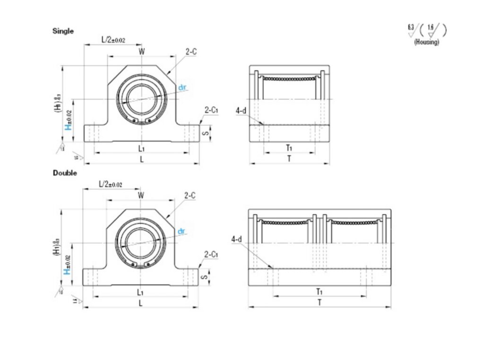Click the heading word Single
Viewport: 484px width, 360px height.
(x=63, y=31)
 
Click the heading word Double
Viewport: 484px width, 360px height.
(x=64, y=173)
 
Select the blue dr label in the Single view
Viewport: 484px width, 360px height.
(x=182, y=87)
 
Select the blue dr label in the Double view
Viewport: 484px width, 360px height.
(x=182, y=230)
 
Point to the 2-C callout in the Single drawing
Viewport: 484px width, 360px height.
(x=191, y=52)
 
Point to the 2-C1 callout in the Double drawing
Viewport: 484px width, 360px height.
(x=211, y=255)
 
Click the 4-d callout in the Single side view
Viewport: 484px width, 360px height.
(x=241, y=111)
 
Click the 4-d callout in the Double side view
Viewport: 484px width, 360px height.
(x=237, y=240)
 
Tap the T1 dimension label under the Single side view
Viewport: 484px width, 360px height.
(x=289, y=148)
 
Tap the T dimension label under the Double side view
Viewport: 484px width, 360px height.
(x=320, y=302)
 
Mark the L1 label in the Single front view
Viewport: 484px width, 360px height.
(x=141, y=148)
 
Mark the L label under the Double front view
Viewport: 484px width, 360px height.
(x=140, y=303)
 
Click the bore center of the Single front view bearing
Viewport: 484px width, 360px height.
(x=141, y=98)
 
